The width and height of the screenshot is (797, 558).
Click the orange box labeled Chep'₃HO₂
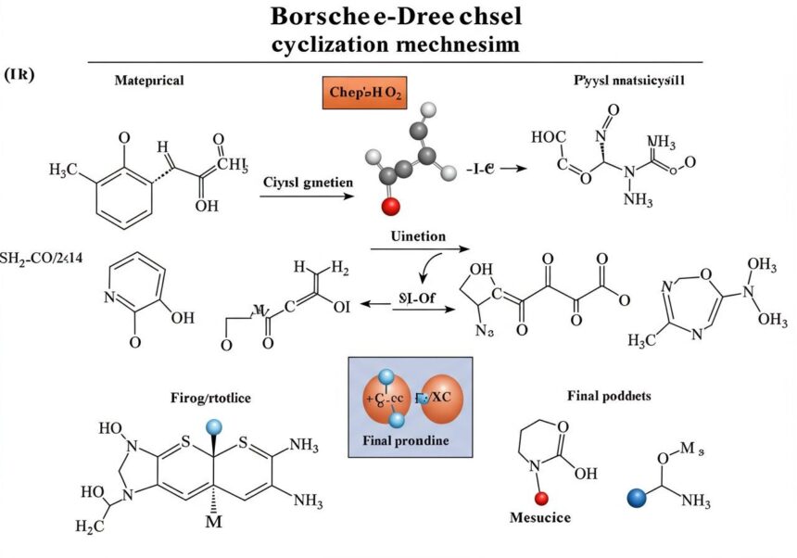click(365, 94)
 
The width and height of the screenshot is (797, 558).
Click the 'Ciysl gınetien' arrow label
click(308, 183)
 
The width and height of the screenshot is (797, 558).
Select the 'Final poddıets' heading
click(609, 395)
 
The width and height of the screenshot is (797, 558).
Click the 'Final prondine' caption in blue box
click(409, 440)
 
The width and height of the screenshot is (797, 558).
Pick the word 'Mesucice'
click(540, 516)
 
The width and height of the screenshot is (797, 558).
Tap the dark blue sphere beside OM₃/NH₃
click(635, 498)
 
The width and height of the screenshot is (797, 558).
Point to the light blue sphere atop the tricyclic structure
click(216, 425)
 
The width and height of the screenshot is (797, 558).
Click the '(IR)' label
click(19, 74)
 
